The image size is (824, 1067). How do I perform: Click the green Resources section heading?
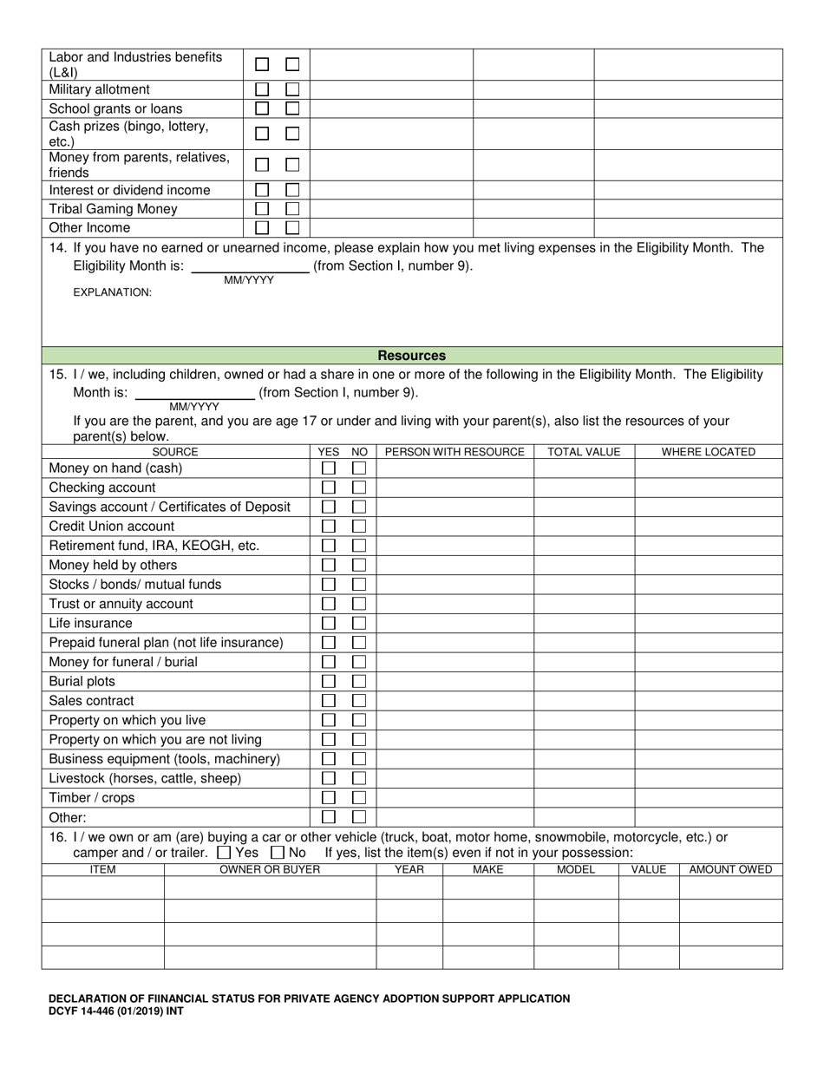click(412, 356)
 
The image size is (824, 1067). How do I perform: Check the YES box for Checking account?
click(329, 488)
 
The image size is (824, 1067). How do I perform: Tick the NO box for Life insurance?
click(358, 623)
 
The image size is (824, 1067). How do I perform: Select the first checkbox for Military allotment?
click(262, 89)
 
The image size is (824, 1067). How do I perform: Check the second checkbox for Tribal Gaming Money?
click(292, 209)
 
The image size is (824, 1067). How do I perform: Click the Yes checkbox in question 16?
click(224, 853)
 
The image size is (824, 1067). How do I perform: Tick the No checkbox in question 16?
click(278, 853)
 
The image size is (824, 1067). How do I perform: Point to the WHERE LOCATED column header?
click(708, 452)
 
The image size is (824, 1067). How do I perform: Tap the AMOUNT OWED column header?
click(730, 869)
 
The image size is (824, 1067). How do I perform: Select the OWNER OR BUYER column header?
click(270, 869)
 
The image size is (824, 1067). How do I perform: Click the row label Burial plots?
click(82, 682)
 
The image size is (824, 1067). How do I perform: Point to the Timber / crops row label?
click(92, 798)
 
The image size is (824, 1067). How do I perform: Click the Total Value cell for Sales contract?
click(584, 701)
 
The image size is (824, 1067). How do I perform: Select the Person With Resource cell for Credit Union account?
click(455, 527)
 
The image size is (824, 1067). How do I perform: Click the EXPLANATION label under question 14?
click(112, 292)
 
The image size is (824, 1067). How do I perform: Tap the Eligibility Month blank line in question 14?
click(249, 267)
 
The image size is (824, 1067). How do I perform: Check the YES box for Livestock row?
click(329, 778)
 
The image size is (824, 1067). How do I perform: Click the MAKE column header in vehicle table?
click(487, 869)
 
